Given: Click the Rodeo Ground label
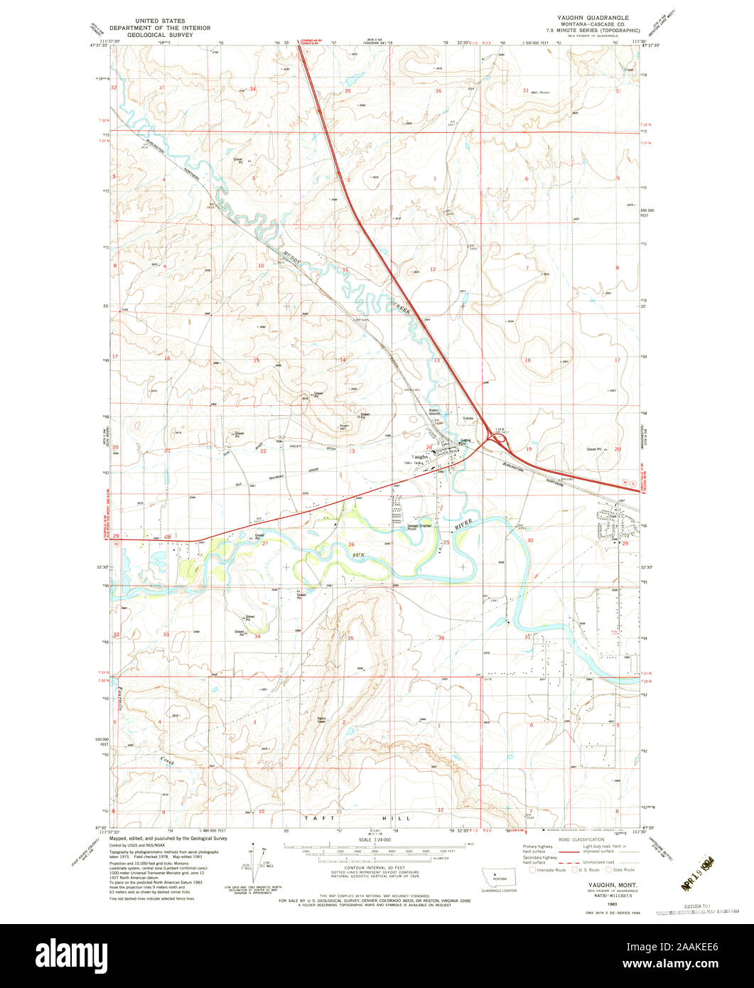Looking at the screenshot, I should pos(435,412).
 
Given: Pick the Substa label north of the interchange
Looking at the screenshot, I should pos(467,418).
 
